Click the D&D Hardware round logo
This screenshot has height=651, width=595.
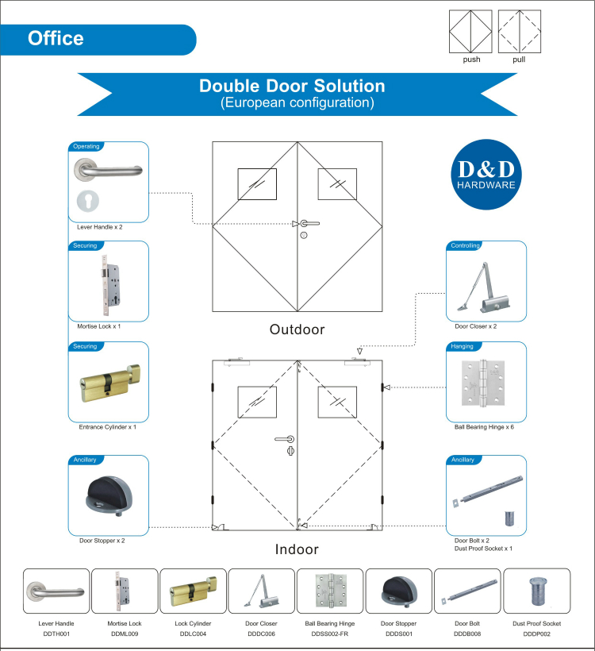pyautogui.click(x=486, y=175)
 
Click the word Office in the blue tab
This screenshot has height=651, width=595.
pyautogui.click(x=56, y=38)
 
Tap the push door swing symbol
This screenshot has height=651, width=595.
pyautogui.click(x=470, y=32)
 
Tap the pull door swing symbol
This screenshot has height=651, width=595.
pyautogui.click(x=520, y=32)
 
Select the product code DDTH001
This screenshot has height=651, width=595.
pyautogui.click(x=56, y=634)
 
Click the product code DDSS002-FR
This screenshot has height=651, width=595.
pyautogui.click(x=330, y=634)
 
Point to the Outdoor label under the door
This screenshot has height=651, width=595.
pyautogui.click(x=297, y=329)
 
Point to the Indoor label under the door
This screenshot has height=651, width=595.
pyautogui.click(x=297, y=549)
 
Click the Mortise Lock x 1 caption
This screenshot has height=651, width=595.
pyautogui.click(x=98, y=326)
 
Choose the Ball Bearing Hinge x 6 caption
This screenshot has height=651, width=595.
pyautogui.click(x=484, y=427)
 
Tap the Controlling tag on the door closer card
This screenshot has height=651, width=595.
pyautogui.click(x=465, y=245)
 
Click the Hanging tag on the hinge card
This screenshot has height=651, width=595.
pyautogui.click(x=462, y=346)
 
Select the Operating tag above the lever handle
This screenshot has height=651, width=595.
pyautogui.click(x=86, y=146)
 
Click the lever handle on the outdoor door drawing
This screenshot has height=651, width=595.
pyautogui.click(x=310, y=223)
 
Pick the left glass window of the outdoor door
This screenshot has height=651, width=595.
pyautogui.click(x=257, y=184)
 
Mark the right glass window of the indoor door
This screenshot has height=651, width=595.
pyautogui.click(x=337, y=402)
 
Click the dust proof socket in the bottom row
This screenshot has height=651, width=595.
pyautogui.click(x=538, y=591)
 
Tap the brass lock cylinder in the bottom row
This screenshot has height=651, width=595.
pyautogui.click(x=194, y=590)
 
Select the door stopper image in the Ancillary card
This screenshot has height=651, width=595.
pyautogui.click(x=109, y=495)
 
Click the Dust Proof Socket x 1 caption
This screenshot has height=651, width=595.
pyautogui.click(x=483, y=549)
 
